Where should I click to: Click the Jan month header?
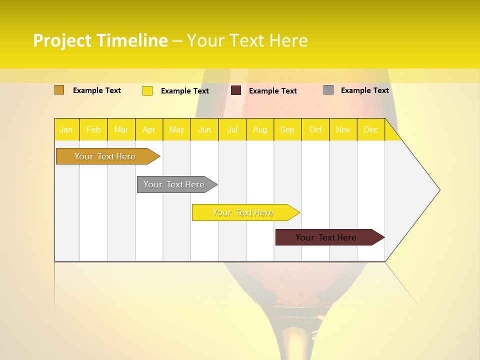point(66,129)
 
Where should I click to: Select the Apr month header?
point(148,129)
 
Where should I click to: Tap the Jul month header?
point(232,129)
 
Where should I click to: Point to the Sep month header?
point(287,129)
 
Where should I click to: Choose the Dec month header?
point(370,129)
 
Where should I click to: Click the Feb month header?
point(93,129)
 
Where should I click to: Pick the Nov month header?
point(342,129)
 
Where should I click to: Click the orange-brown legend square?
point(59,90)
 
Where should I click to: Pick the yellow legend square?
point(147,90)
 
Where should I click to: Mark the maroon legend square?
point(236,90)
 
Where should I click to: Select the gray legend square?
point(328,90)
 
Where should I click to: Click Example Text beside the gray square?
point(364,90)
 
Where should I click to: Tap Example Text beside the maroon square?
point(272,91)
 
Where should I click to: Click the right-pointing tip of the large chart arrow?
point(438,190)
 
